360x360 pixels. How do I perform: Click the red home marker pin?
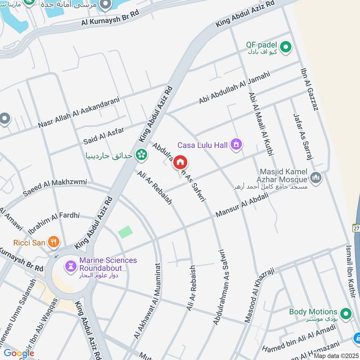click(180, 162)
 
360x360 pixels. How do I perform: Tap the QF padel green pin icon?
click(285, 46)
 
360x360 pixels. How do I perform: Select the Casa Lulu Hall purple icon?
click(236, 145)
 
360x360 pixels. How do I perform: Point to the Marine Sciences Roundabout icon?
click(71, 265)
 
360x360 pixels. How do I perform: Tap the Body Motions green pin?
click(346, 313)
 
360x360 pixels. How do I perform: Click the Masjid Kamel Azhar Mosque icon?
click(316, 178)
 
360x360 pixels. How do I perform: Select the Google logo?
click(18, 353)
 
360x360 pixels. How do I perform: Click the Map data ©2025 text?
click(335, 355)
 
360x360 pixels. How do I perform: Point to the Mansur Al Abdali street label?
click(242, 205)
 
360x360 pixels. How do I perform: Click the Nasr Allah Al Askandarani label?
click(80, 112)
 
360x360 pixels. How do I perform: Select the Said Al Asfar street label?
click(104, 135)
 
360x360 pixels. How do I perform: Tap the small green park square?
click(126, 232)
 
